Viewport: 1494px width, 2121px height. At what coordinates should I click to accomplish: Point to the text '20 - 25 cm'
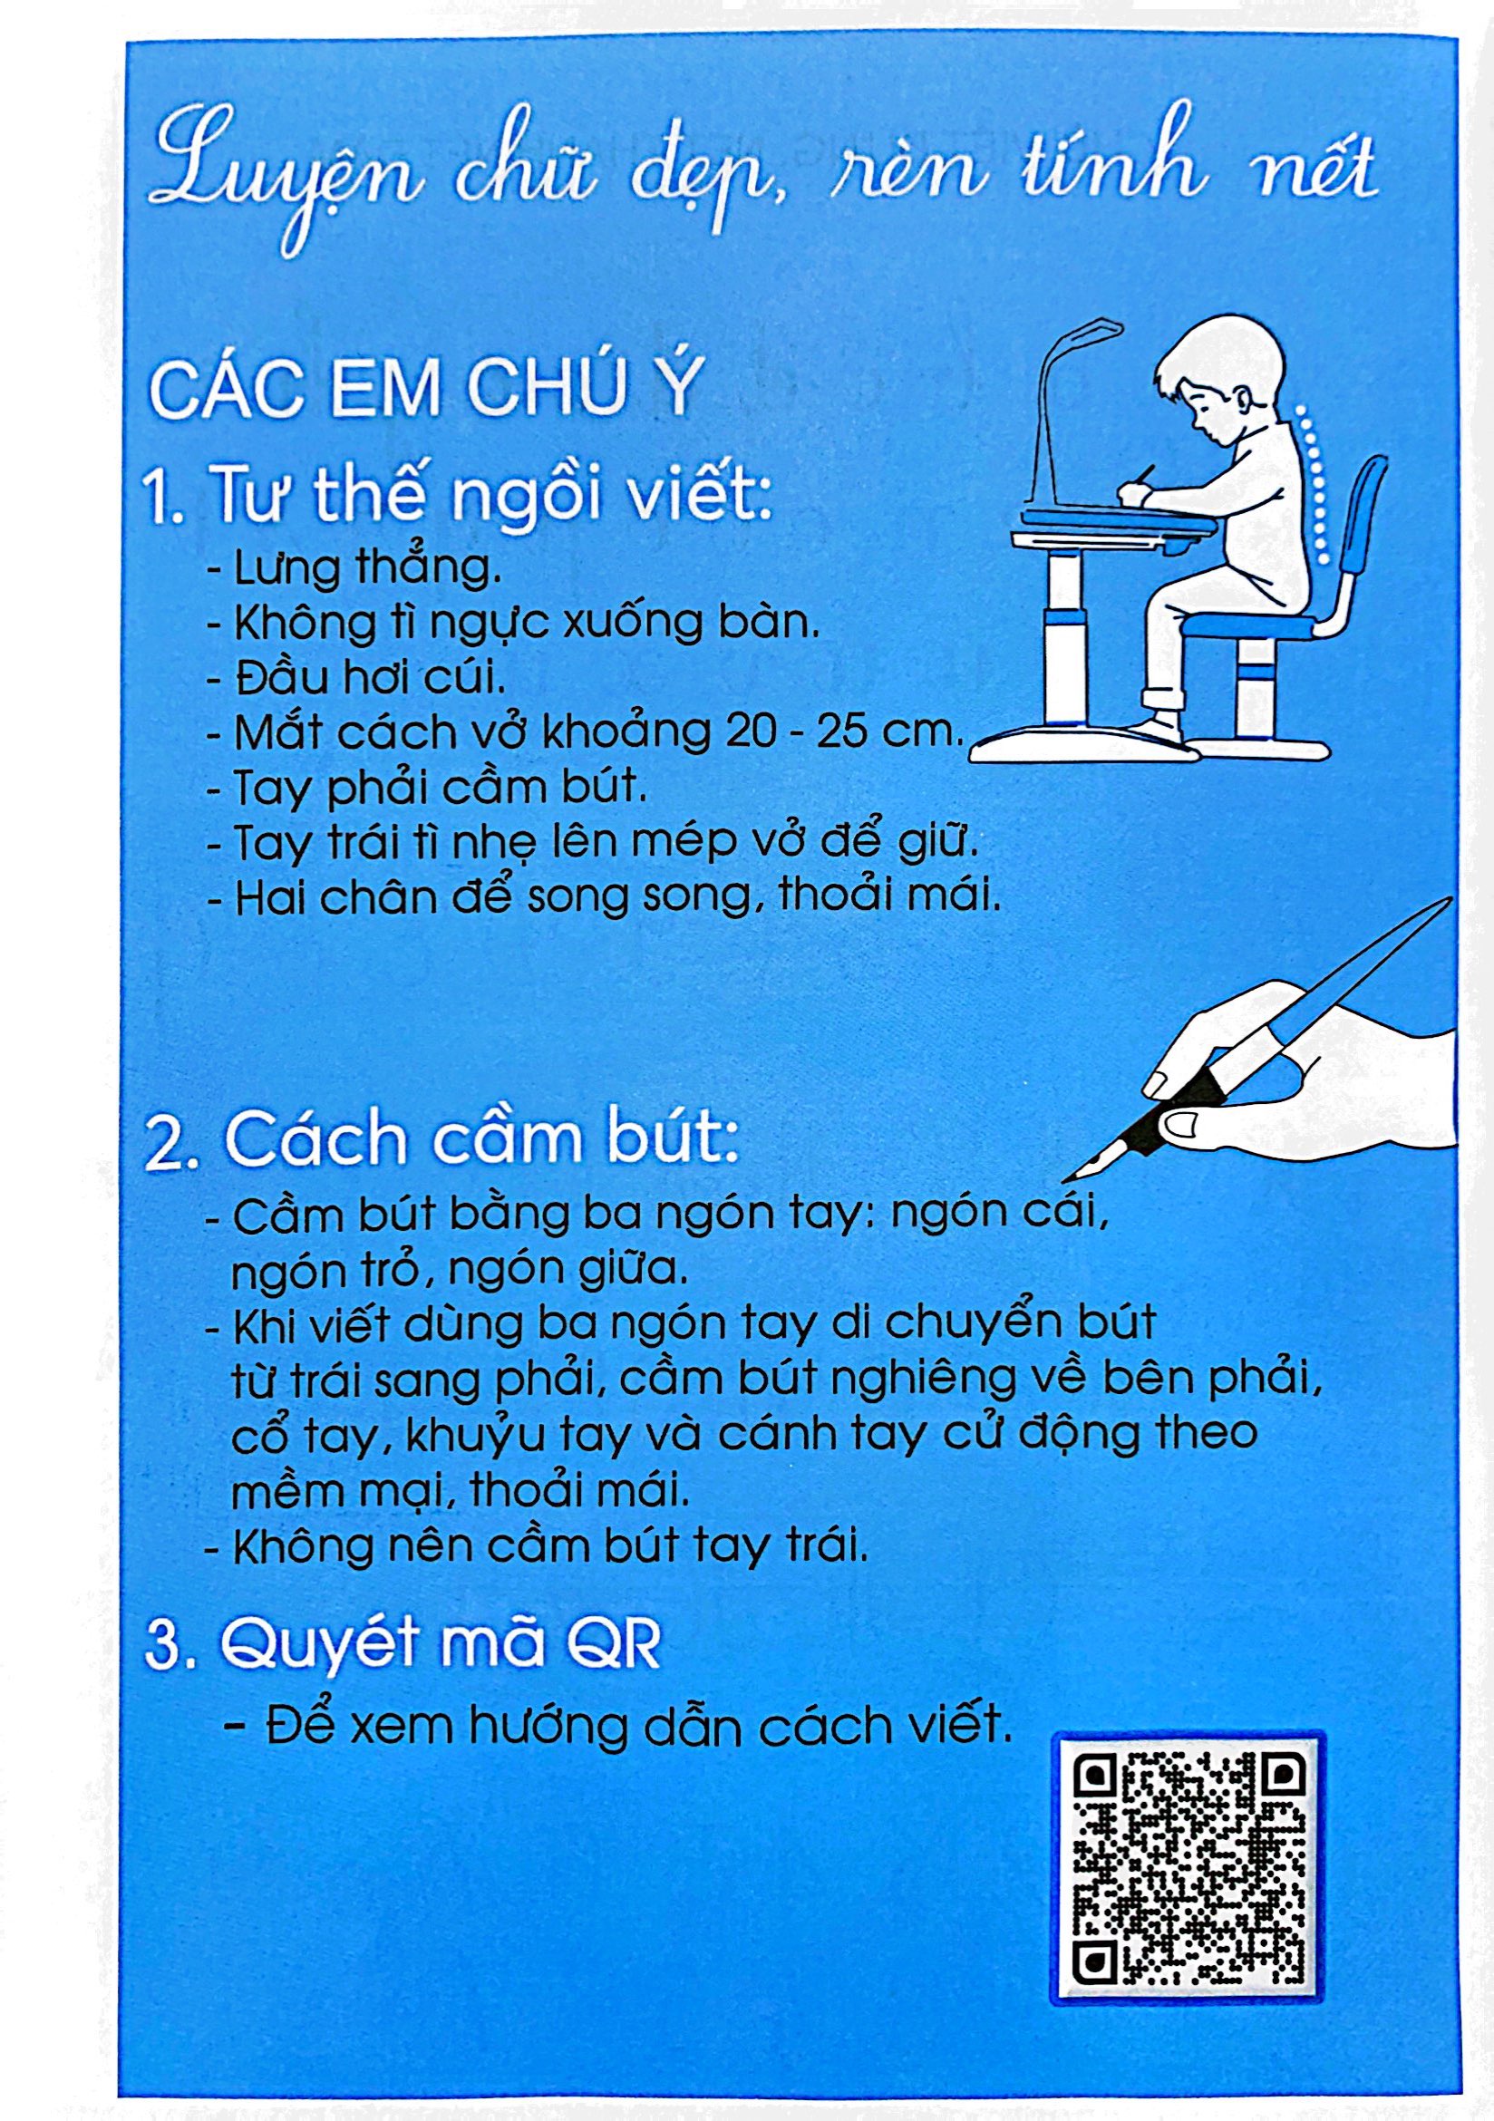(x=837, y=731)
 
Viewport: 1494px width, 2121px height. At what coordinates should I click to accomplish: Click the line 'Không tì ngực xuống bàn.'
(x=527, y=625)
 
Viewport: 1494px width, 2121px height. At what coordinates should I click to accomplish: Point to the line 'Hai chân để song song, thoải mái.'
(x=617, y=898)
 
